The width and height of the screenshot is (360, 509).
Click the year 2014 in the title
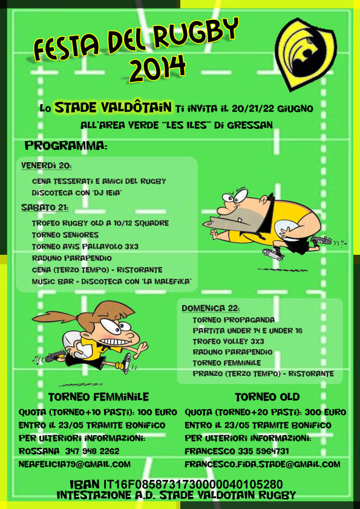pyautogui.click(x=157, y=68)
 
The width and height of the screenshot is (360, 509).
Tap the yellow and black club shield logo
pyautogui.click(x=306, y=53)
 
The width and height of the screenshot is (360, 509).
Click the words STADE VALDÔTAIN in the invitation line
pyautogui.click(x=113, y=107)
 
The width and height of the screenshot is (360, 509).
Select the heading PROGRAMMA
pyautogui.click(x=66, y=146)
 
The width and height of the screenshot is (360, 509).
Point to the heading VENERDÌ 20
pyautogui.click(x=46, y=166)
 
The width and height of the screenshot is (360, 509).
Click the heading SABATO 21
pyautogui.click(x=45, y=207)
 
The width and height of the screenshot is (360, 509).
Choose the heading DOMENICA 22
pyautogui.click(x=211, y=308)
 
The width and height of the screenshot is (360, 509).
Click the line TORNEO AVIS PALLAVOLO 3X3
pyautogui.click(x=85, y=247)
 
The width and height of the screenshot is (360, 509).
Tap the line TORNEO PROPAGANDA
pyautogui.click(x=234, y=320)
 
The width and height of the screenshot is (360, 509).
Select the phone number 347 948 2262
pyautogui.click(x=92, y=452)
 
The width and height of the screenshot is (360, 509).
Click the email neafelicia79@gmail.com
pyautogui.click(x=74, y=464)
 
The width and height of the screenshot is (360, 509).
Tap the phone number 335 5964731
pyautogui.click(x=263, y=452)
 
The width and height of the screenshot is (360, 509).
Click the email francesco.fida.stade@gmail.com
pyautogui.click(x=263, y=464)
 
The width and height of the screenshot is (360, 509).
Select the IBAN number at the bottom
pyautogui.click(x=193, y=485)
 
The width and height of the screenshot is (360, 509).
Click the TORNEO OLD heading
pyautogui.click(x=267, y=397)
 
